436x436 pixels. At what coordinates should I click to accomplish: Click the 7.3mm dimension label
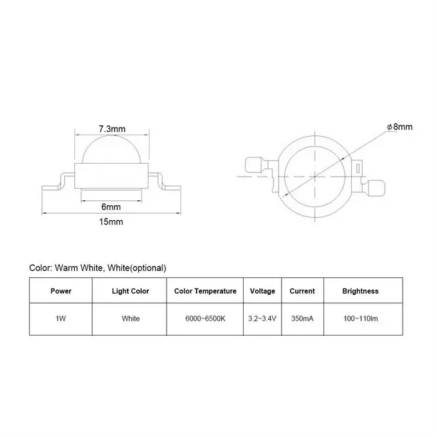coord(112,129)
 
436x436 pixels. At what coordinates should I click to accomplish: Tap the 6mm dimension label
coord(111,207)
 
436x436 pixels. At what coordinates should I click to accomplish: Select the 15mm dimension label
coord(111,222)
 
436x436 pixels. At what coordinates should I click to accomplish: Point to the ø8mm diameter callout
coord(400,127)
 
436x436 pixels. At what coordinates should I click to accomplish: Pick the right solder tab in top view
coord(376,188)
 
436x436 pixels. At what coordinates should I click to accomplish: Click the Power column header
coord(61,291)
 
